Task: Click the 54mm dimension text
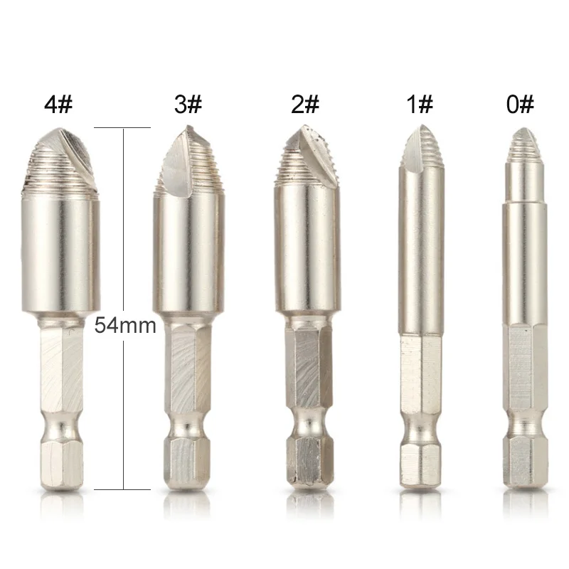(125, 326)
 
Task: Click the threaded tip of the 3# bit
(184, 164)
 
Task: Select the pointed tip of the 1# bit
(421, 146)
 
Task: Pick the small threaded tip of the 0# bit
(524, 146)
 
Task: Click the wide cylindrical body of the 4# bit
(60, 252)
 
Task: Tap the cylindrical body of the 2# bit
(304, 249)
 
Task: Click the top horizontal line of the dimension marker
(122, 127)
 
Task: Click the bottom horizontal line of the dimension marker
(122, 489)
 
